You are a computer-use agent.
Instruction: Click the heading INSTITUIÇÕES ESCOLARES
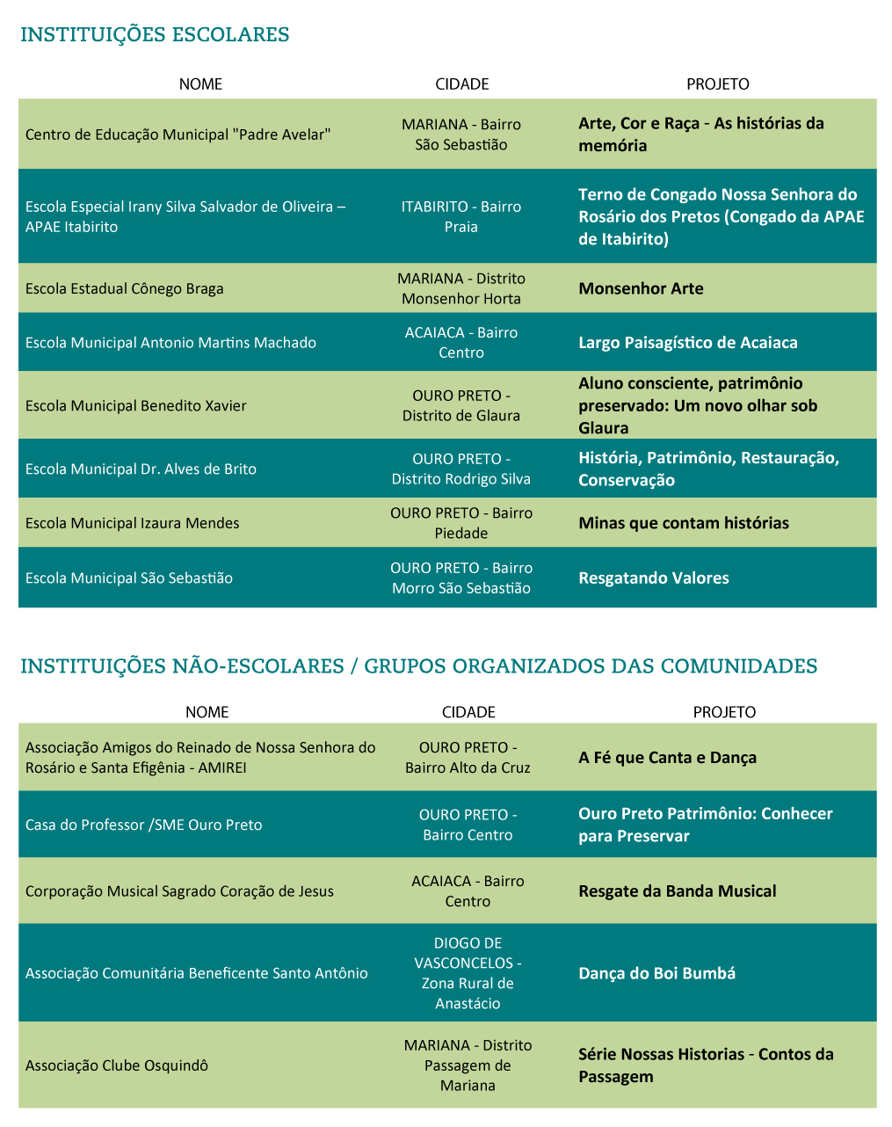[155, 35]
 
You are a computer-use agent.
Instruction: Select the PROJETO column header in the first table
[717, 84]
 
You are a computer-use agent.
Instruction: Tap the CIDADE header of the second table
[468, 712]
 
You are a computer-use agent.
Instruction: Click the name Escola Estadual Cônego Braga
[125, 288]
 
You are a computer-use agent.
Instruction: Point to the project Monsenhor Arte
[641, 288]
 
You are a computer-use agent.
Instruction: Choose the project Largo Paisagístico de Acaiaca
[687, 343]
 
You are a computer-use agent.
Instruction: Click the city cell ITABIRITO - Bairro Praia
[461, 216]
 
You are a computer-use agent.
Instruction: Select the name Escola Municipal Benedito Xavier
[136, 405]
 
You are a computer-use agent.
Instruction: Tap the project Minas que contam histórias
[683, 523]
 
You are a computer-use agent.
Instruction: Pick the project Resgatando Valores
[653, 578]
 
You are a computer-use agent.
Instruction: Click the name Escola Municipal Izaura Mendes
[133, 523]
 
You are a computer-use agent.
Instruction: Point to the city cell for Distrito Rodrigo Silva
[461, 469]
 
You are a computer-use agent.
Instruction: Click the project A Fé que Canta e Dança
[667, 758]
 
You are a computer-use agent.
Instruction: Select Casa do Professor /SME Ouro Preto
[144, 825]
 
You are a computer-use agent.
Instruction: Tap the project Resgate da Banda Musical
[677, 891]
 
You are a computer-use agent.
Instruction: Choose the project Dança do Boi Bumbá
[656, 973]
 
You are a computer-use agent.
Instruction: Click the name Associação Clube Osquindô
[117, 1065]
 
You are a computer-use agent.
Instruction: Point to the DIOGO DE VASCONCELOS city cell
[468, 973]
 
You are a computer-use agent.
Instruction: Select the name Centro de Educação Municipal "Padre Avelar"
[178, 135]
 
